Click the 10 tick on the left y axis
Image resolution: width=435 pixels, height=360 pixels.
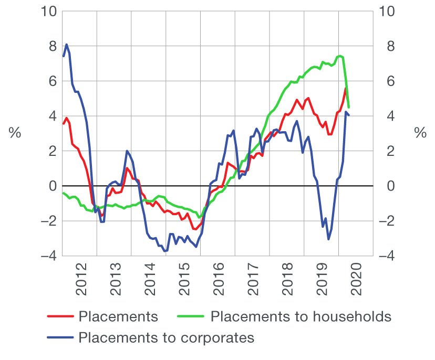47,12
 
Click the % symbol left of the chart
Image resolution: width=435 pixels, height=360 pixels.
15,133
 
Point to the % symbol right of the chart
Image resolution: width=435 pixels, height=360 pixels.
420,133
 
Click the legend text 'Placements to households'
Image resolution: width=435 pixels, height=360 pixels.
301,316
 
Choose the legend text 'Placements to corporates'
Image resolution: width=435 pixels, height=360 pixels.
166,337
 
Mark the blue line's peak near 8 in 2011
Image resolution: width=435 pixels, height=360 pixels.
67,45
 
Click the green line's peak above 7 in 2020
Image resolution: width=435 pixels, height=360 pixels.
340,56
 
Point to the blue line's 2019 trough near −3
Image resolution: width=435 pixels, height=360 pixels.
328,239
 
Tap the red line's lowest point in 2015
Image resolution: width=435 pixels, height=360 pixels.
194,229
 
